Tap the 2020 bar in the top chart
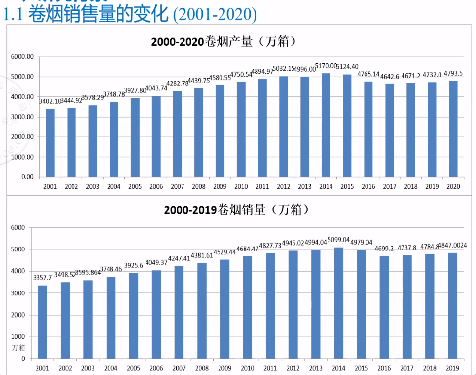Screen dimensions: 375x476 [453, 128]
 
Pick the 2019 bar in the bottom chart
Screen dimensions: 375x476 [452, 306]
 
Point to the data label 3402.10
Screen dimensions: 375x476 [50, 101]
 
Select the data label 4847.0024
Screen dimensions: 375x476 [450, 245]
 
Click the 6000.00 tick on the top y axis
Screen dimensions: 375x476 [23, 57]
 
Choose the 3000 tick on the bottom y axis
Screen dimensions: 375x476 [18, 293]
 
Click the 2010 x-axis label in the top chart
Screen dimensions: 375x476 [241, 186]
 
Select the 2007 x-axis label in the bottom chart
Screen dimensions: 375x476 [179, 368]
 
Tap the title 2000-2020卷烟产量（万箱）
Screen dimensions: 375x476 [224, 42]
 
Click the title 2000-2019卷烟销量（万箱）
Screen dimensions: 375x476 [237, 210]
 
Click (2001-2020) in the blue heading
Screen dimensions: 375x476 [215, 15]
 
